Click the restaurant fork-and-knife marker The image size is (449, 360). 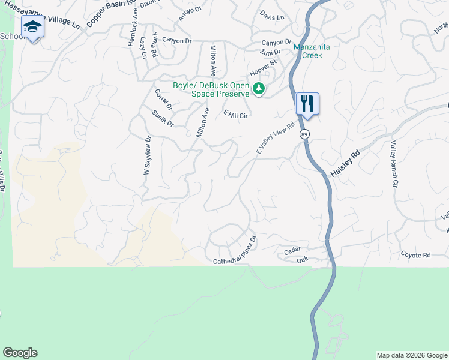307,103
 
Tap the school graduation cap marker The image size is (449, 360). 32,27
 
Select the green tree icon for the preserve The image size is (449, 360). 259,89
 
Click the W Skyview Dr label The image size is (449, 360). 147,155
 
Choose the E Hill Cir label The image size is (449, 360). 235,113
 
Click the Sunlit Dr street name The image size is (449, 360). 163,119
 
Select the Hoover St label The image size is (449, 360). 263,67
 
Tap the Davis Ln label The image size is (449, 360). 272,17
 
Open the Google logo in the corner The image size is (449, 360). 20,353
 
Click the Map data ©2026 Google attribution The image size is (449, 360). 412,355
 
